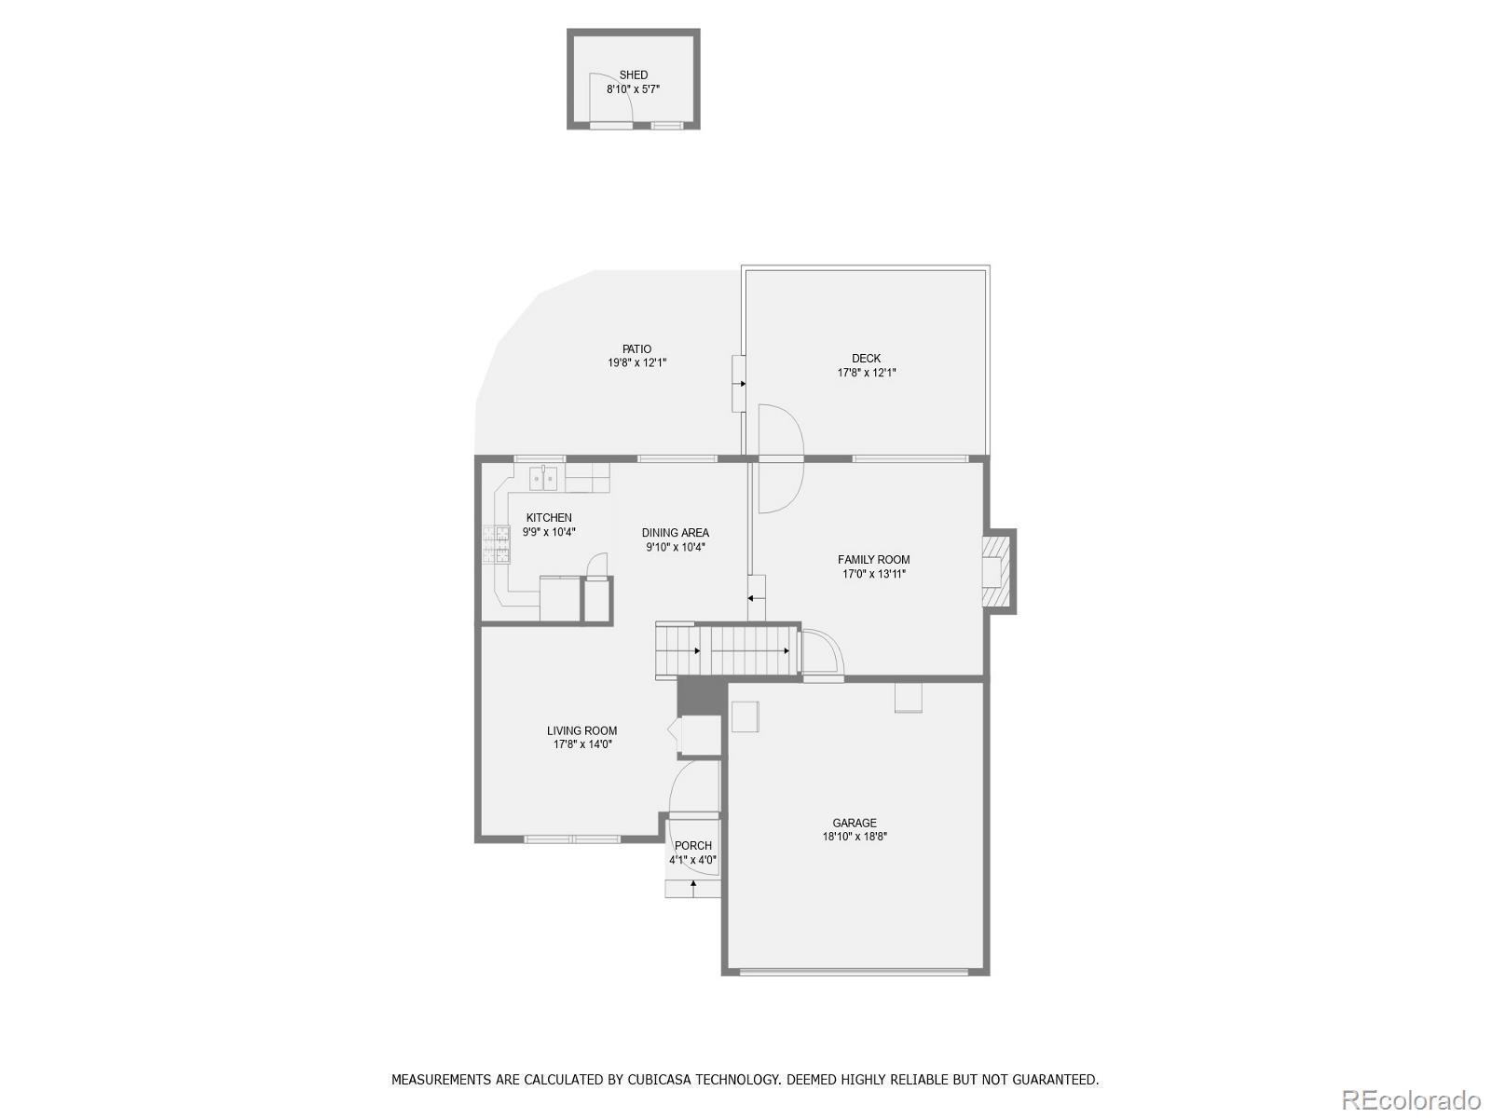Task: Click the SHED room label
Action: point(633,75)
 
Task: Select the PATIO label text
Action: point(636,349)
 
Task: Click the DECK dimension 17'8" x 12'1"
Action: point(866,373)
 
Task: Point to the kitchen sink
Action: point(543,479)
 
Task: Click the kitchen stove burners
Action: point(496,544)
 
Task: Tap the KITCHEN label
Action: point(549,518)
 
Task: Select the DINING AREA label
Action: point(675,533)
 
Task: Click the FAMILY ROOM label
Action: point(873,560)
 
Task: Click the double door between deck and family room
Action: point(781,458)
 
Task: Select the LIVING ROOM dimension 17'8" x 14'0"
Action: point(582,744)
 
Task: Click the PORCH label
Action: point(692,846)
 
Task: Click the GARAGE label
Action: point(855,823)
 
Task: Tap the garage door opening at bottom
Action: point(854,973)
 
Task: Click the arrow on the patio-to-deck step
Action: point(741,383)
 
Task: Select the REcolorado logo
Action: point(1413,1099)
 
